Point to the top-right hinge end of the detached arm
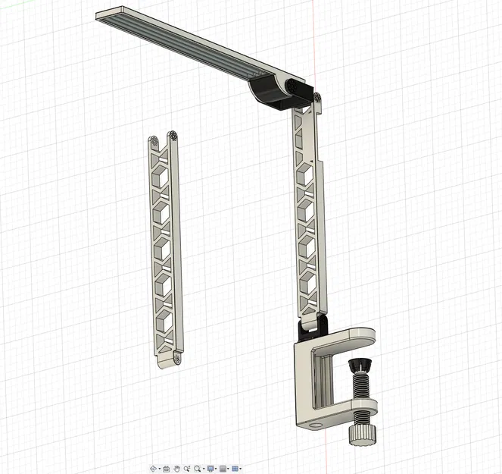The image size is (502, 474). [x=174, y=137]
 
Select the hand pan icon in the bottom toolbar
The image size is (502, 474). [x=176, y=469]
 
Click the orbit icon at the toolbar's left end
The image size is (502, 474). [x=154, y=469]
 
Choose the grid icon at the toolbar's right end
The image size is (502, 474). [x=235, y=469]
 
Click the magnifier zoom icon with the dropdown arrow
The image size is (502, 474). [x=198, y=469]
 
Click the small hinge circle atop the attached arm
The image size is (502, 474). [x=316, y=98]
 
